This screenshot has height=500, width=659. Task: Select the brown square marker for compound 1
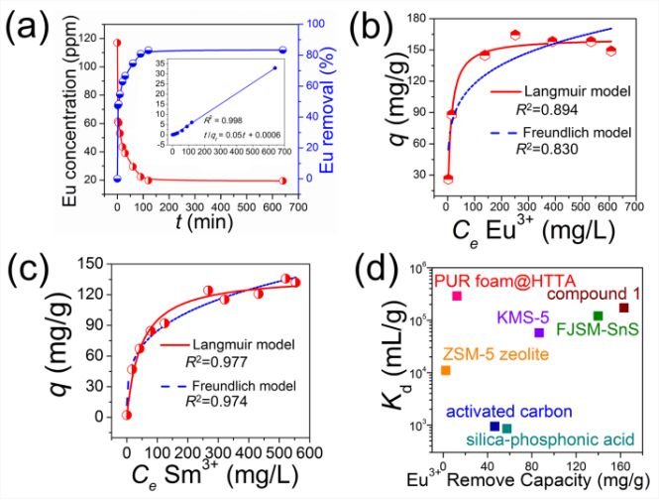(623, 309)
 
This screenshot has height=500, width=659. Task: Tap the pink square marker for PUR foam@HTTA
(457, 297)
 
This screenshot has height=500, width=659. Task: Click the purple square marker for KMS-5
(539, 332)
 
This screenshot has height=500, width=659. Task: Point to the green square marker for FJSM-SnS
(598, 316)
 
